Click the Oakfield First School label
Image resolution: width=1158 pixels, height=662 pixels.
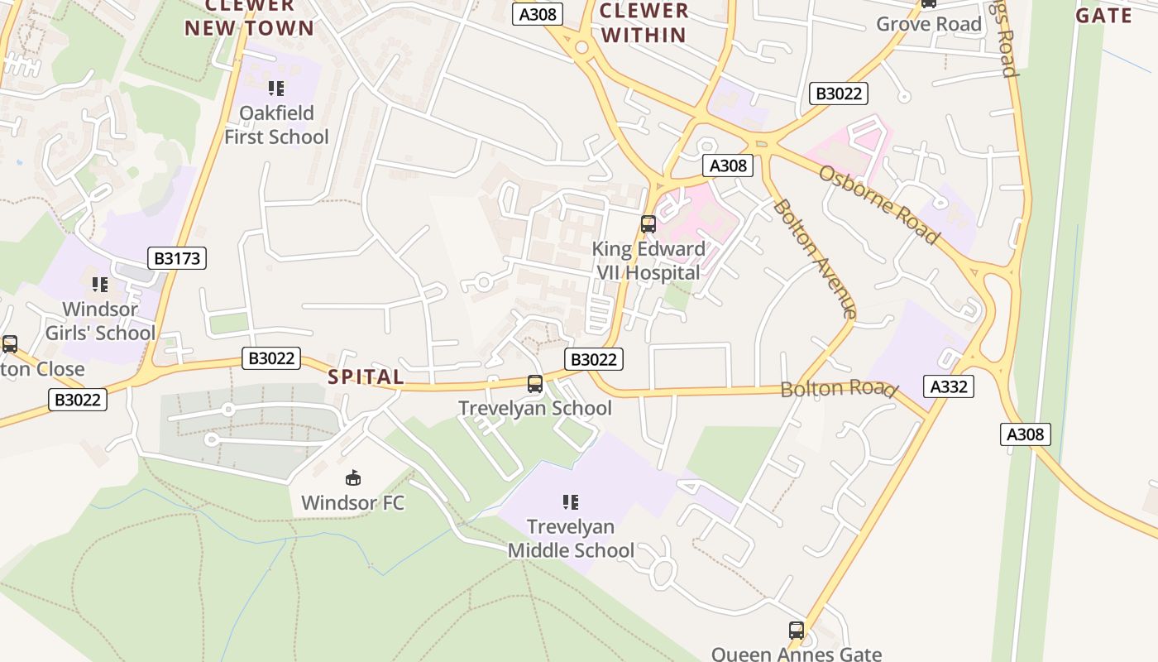pos(276,125)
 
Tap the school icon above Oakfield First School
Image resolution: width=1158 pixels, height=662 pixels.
pos(276,89)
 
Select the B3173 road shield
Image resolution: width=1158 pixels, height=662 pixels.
pos(177,258)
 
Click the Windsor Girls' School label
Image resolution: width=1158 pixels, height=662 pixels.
pos(100,321)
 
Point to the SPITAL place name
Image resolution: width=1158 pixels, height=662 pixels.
pos(366,377)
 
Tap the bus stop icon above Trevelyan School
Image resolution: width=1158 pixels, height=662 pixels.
pos(535,384)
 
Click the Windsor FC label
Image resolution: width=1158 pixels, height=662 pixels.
pos(353,502)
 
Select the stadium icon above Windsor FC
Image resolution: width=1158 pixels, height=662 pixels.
pos(353,477)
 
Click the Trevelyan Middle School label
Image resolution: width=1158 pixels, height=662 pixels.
pos(571,539)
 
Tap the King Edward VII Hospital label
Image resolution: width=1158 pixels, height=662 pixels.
pos(648,261)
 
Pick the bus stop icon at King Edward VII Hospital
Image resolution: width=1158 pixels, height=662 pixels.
pos(648,223)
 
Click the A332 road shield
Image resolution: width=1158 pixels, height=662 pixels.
pos(948,386)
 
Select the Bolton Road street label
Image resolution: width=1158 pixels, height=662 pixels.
pos(838,389)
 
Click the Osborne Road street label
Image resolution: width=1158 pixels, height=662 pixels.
pos(879,204)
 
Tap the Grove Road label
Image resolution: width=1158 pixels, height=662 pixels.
pos(928,24)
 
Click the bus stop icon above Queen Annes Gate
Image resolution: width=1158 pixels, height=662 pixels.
pos(797,631)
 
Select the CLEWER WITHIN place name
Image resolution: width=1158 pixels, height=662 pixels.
pos(644,23)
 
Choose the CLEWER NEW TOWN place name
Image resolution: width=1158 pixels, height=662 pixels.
pos(249,17)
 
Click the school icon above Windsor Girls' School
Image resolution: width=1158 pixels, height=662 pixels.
pos(100,285)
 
